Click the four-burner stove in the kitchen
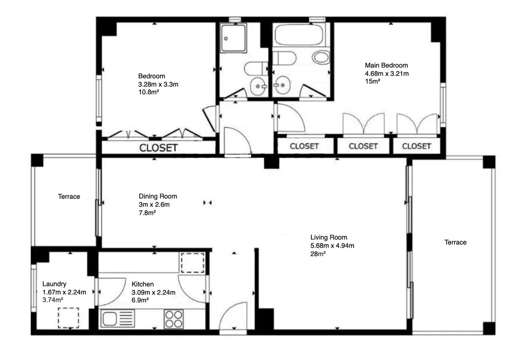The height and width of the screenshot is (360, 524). (x=173, y=319)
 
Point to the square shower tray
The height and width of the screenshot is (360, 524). (x=232, y=38)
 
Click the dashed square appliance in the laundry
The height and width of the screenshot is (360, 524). (x=69, y=318)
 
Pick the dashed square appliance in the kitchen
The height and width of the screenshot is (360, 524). (x=193, y=263)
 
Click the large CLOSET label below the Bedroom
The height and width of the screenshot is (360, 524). (x=159, y=148)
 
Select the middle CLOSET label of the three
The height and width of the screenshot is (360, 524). (x=363, y=146)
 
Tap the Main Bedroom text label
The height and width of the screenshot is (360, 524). (x=386, y=66)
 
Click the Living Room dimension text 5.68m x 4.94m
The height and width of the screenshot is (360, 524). (x=332, y=246)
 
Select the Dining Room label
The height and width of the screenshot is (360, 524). (x=158, y=196)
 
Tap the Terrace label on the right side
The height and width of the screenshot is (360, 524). (x=455, y=242)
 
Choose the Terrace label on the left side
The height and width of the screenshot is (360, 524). (x=69, y=197)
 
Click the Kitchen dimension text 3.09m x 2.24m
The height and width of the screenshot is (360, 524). (x=153, y=292)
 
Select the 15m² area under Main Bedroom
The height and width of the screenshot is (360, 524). (x=373, y=82)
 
